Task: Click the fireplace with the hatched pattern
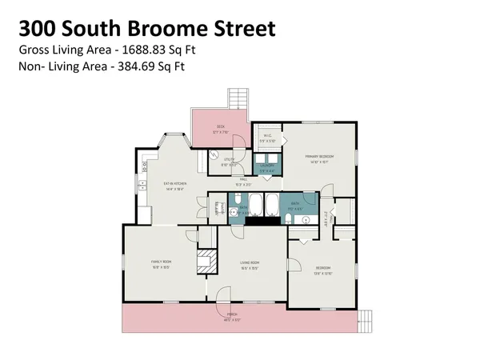(x=206, y=261)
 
